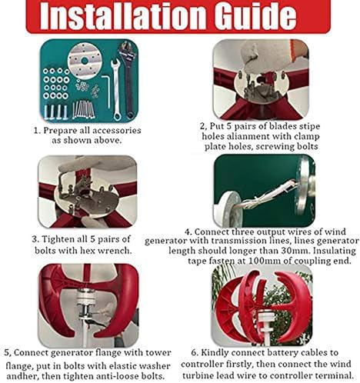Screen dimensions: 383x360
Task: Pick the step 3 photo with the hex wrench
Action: point(87,192)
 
